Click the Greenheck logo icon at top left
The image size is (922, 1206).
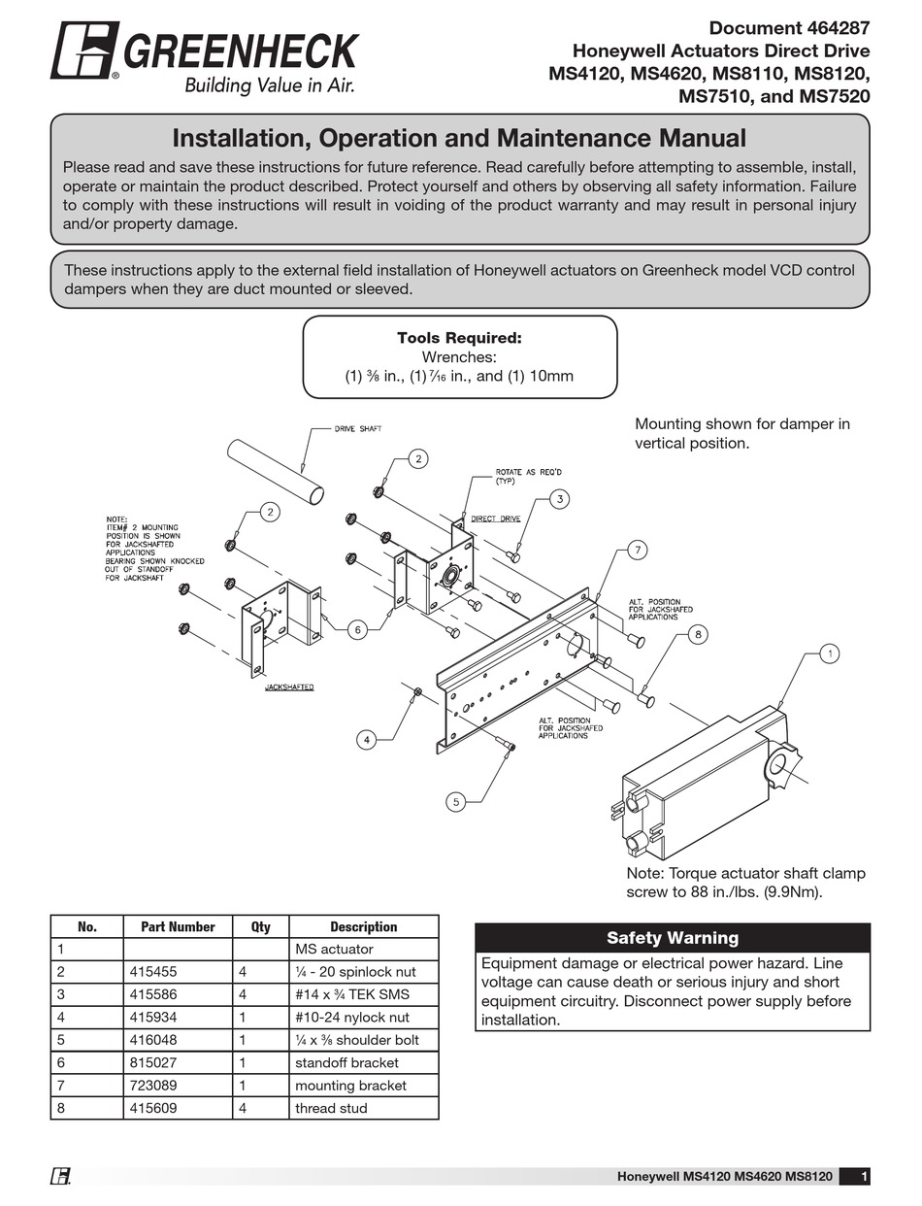[84, 50]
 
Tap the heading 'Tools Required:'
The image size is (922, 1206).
[459, 338]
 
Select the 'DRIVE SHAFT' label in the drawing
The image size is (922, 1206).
[357, 428]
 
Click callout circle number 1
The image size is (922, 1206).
[830, 653]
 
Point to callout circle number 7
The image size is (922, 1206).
[638, 551]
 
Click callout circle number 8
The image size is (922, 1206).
[697, 634]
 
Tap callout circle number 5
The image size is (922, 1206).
[456, 801]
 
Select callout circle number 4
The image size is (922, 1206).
[366, 740]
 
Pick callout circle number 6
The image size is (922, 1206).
[357, 630]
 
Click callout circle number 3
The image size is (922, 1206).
[560, 499]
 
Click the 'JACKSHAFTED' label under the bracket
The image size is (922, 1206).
[289, 687]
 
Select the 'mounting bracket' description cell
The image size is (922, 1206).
[350, 1085]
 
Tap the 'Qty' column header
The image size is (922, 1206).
[260, 926]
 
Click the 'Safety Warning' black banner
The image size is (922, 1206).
[672, 938]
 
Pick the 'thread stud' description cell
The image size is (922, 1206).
[331, 1108]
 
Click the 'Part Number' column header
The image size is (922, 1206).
[178, 926]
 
